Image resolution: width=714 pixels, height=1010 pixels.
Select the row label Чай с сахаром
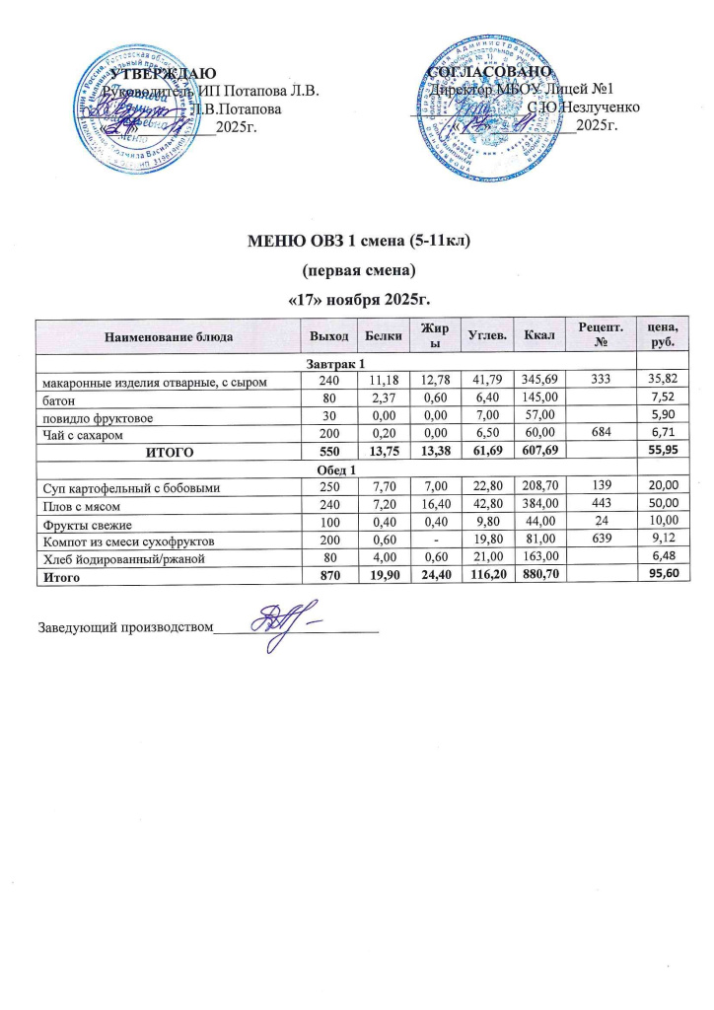pyautogui.click(x=82, y=433)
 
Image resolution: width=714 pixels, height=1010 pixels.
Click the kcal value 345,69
pyautogui.click(x=539, y=381)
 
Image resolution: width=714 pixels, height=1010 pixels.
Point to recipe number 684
pyautogui.click(x=604, y=433)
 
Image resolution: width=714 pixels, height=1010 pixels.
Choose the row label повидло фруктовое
pyautogui.click(x=95, y=415)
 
